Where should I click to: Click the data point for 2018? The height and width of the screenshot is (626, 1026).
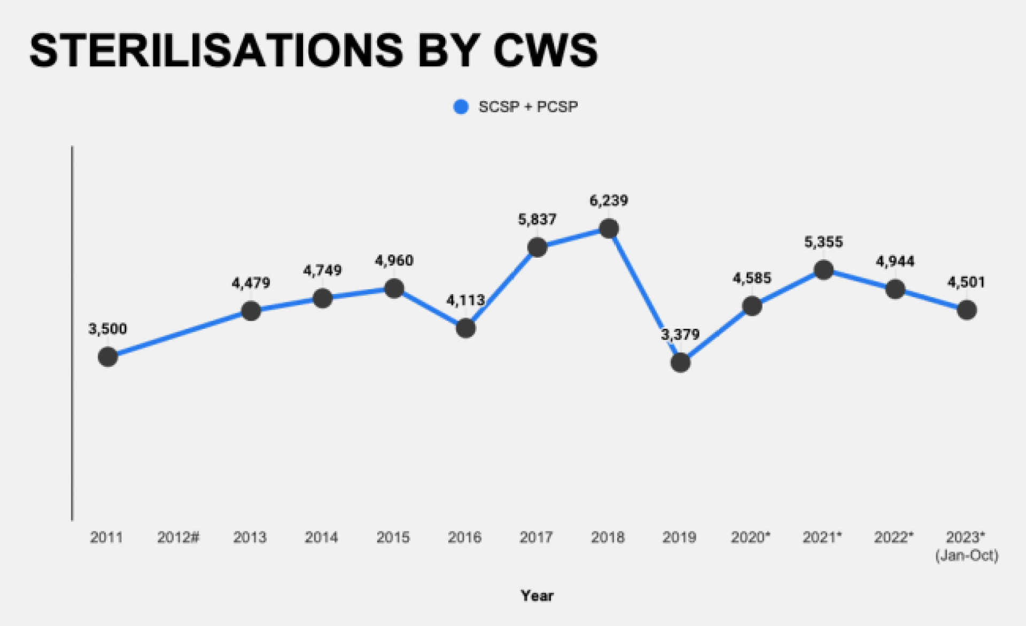point(609,229)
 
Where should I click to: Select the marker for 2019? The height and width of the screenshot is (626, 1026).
point(680,362)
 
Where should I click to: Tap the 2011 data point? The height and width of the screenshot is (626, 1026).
point(108,357)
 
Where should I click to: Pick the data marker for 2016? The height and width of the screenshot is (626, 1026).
point(465,328)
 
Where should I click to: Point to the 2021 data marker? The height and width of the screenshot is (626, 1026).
point(823,269)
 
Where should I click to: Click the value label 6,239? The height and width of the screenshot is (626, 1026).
point(609,200)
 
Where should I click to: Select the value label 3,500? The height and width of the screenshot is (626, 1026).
point(108,329)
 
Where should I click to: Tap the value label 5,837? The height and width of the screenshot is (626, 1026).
point(537,219)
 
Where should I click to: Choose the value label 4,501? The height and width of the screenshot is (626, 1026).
point(966,282)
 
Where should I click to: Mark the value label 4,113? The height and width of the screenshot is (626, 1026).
point(465,300)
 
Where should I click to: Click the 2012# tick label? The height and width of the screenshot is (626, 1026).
point(178,537)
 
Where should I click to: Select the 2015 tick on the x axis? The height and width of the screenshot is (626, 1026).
point(393,537)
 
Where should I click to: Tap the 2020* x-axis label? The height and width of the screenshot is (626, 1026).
point(751,537)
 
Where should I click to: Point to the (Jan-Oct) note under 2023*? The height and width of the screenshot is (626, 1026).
point(966,555)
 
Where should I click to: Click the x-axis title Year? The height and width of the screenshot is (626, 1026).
point(537,596)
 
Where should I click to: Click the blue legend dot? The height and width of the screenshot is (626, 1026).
point(461,107)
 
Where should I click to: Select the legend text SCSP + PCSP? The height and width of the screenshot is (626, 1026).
point(528,107)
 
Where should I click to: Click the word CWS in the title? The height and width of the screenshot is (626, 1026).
point(545,50)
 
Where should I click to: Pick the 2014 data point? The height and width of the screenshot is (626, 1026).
point(322,298)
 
